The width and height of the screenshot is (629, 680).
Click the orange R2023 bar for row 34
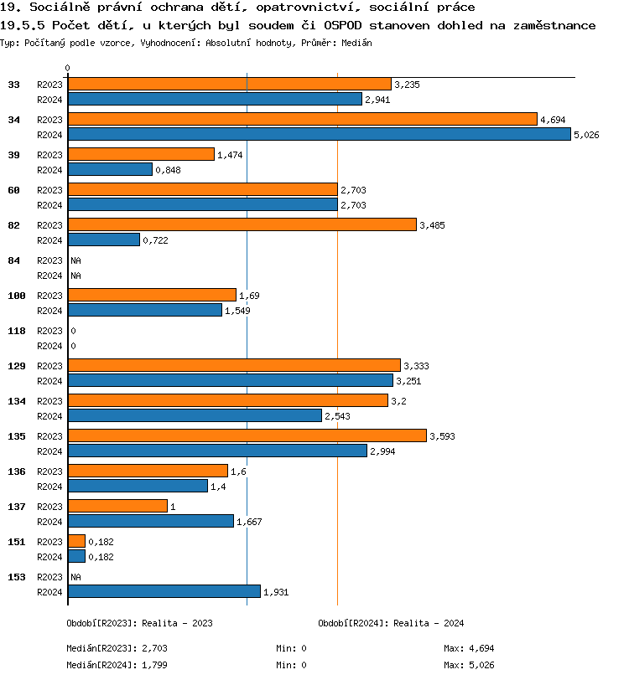click(x=302, y=119)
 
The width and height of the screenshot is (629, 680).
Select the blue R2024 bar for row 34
click(x=319, y=134)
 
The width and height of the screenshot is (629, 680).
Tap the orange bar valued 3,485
click(x=242, y=224)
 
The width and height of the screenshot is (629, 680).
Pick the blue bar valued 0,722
click(x=103, y=240)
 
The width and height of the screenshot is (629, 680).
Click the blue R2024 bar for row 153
click(x=164, y=591)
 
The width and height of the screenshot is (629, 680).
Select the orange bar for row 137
click(x=117, y=506)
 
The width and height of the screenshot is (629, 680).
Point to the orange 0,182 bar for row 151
click(x=76, y=541)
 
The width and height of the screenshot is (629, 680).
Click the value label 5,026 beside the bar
click(x=586, y=135)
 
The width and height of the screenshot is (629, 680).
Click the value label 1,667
click(x=249, y=522)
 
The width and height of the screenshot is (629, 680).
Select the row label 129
click(x=17, y=366)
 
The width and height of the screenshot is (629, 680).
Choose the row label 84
click(x=14, y=260)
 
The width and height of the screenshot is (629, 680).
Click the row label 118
click(x=17, y=331)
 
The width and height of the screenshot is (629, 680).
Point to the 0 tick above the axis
click(x=68, y=68)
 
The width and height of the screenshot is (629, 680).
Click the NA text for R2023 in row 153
click(x=75, y=577)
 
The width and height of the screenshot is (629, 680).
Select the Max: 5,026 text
click(x=469, y=665)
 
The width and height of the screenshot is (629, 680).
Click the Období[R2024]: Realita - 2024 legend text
click(x=391, y=623)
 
